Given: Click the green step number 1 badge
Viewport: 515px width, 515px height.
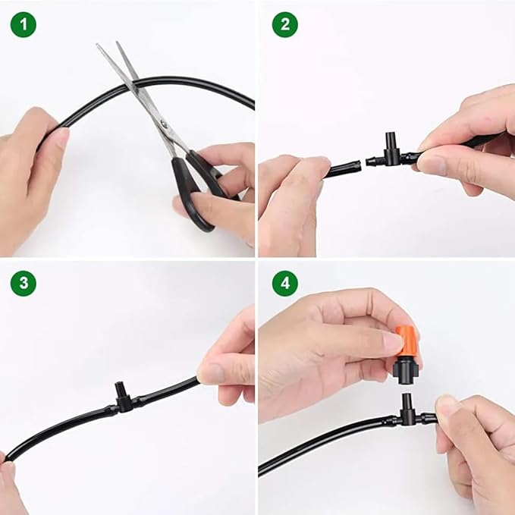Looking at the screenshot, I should pyautogui.click(x=23, y=24).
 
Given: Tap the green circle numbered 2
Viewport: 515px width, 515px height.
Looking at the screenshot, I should pyautogui.click(x=284, y=24).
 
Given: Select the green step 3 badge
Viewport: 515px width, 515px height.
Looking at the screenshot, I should pyautogui.click(x=23, y=284).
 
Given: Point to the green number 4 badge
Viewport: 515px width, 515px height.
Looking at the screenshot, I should pyautogui.click(x=284, y=284).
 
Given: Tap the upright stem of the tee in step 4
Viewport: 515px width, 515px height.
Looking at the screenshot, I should pyautogui.click(x=406, y=402).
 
